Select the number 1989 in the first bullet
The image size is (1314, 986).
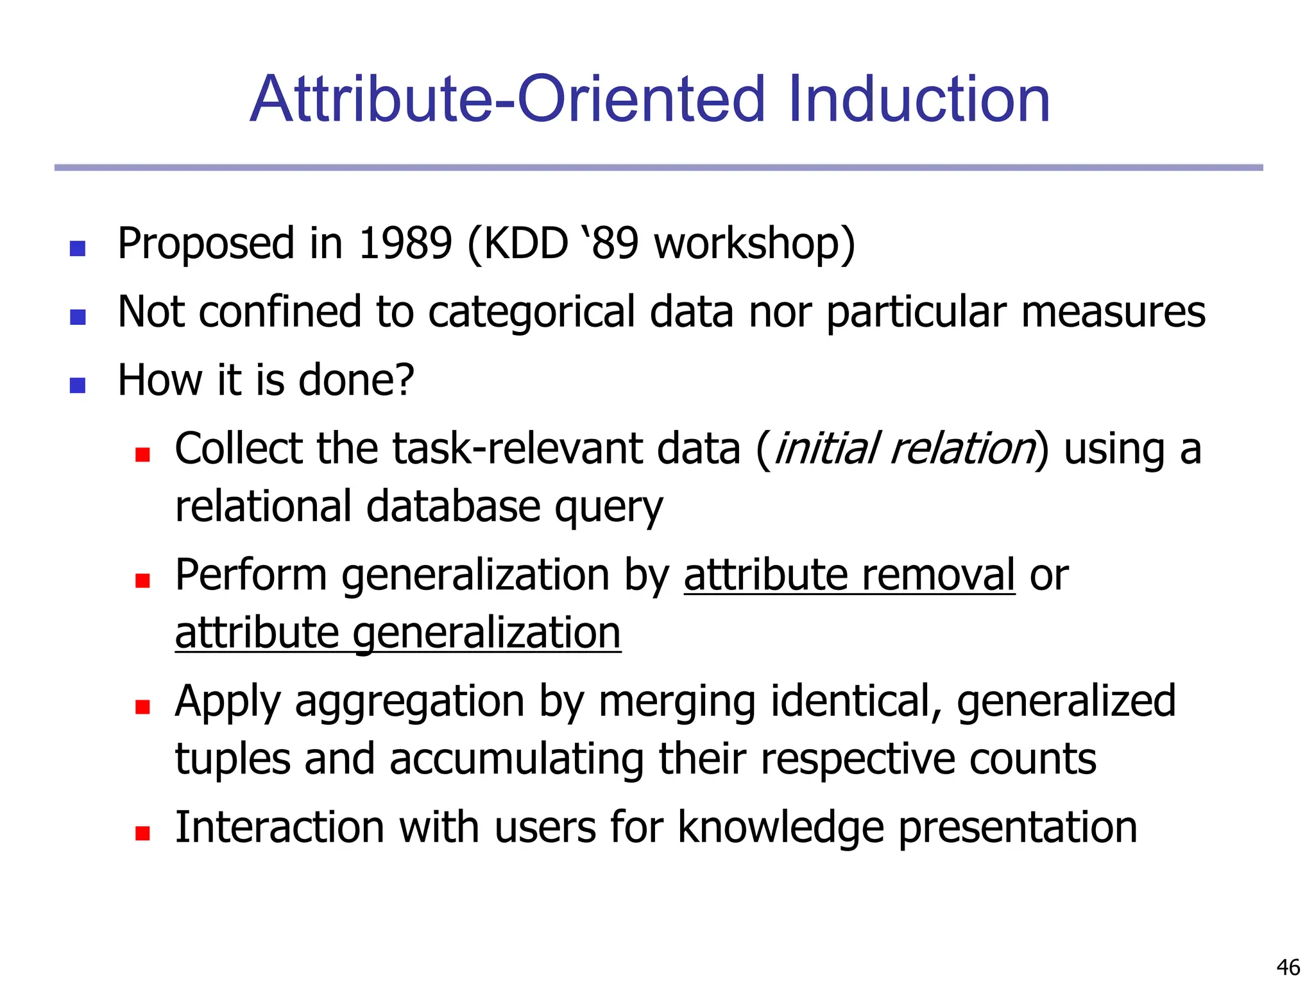405,244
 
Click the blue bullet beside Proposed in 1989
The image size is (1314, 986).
78,248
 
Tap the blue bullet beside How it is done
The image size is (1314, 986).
78,385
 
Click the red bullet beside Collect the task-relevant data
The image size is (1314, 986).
142,454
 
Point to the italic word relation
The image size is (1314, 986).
962,449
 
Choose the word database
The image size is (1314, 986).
453,507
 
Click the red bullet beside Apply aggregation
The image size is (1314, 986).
142,707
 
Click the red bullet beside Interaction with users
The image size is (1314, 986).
142,833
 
